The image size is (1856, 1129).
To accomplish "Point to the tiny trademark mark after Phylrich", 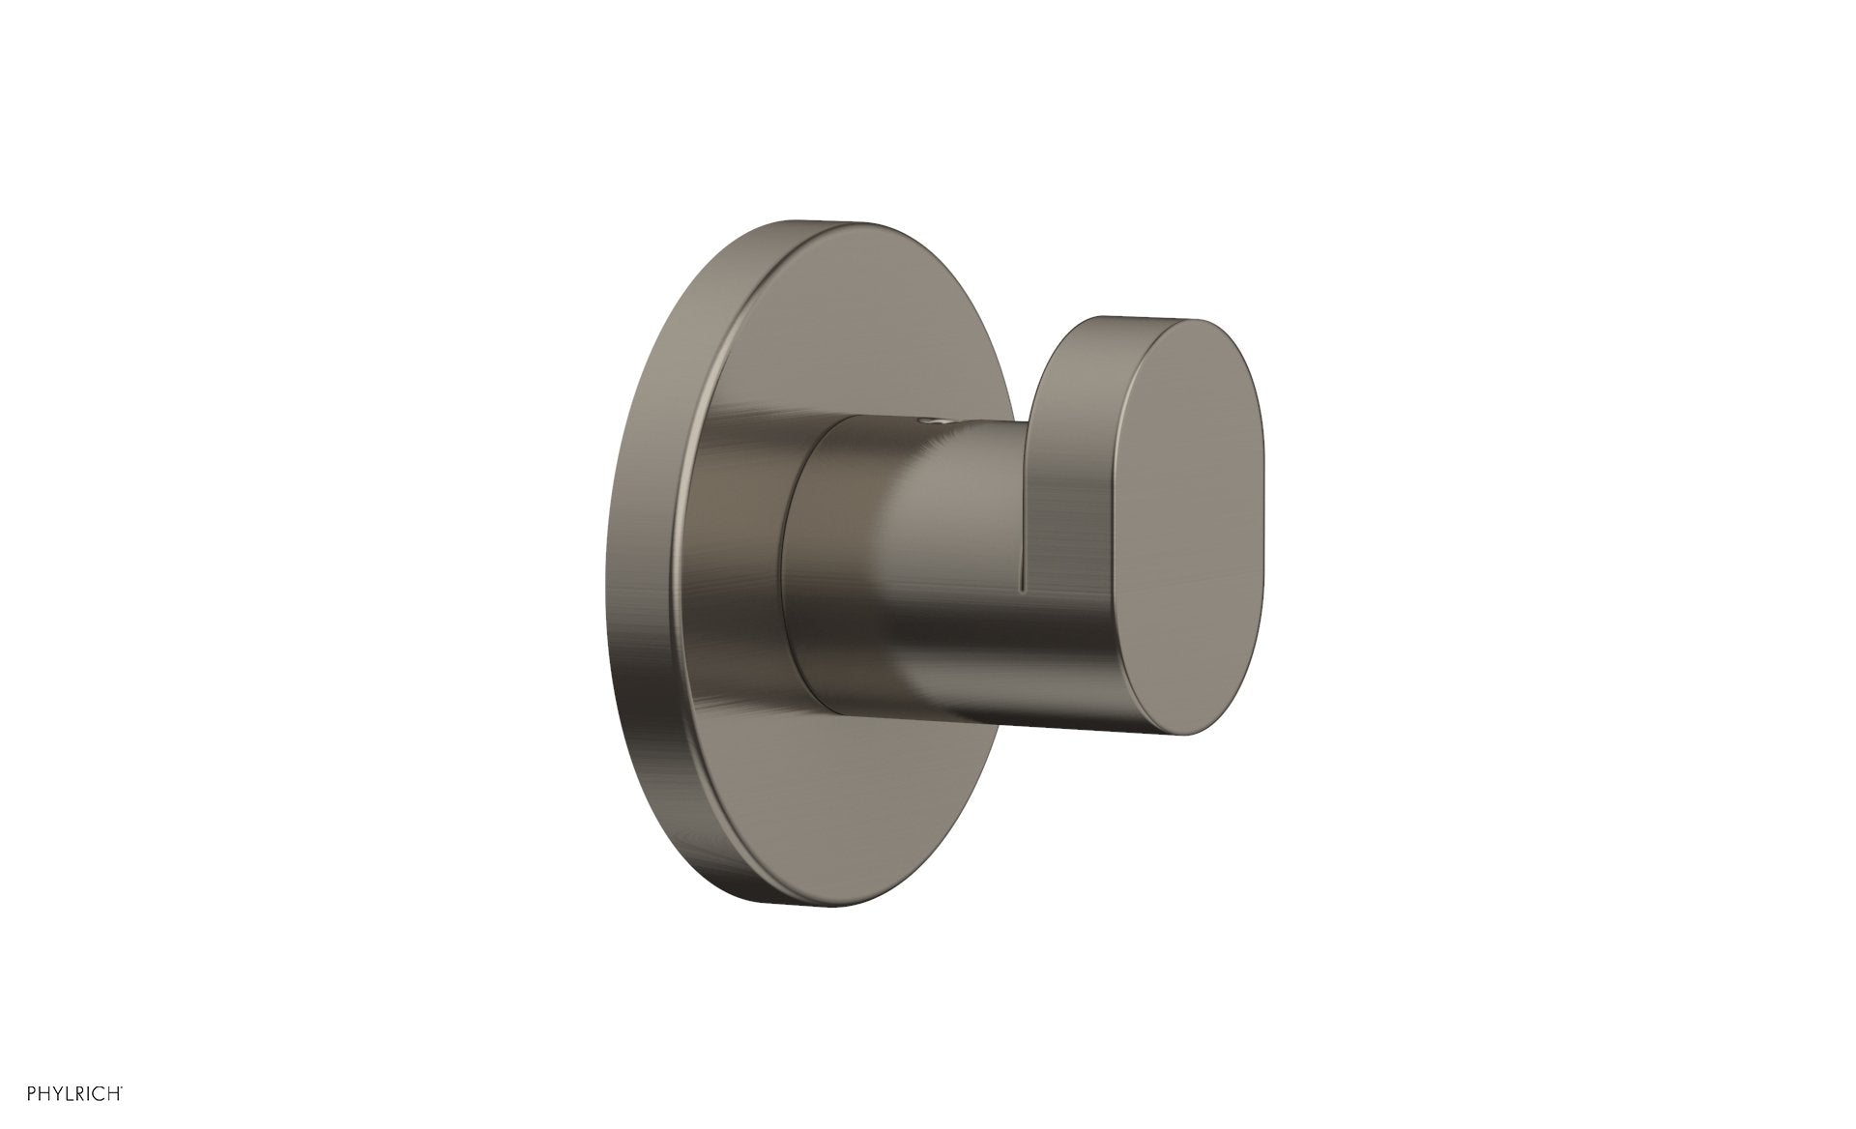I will click(x=122, y=1087).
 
